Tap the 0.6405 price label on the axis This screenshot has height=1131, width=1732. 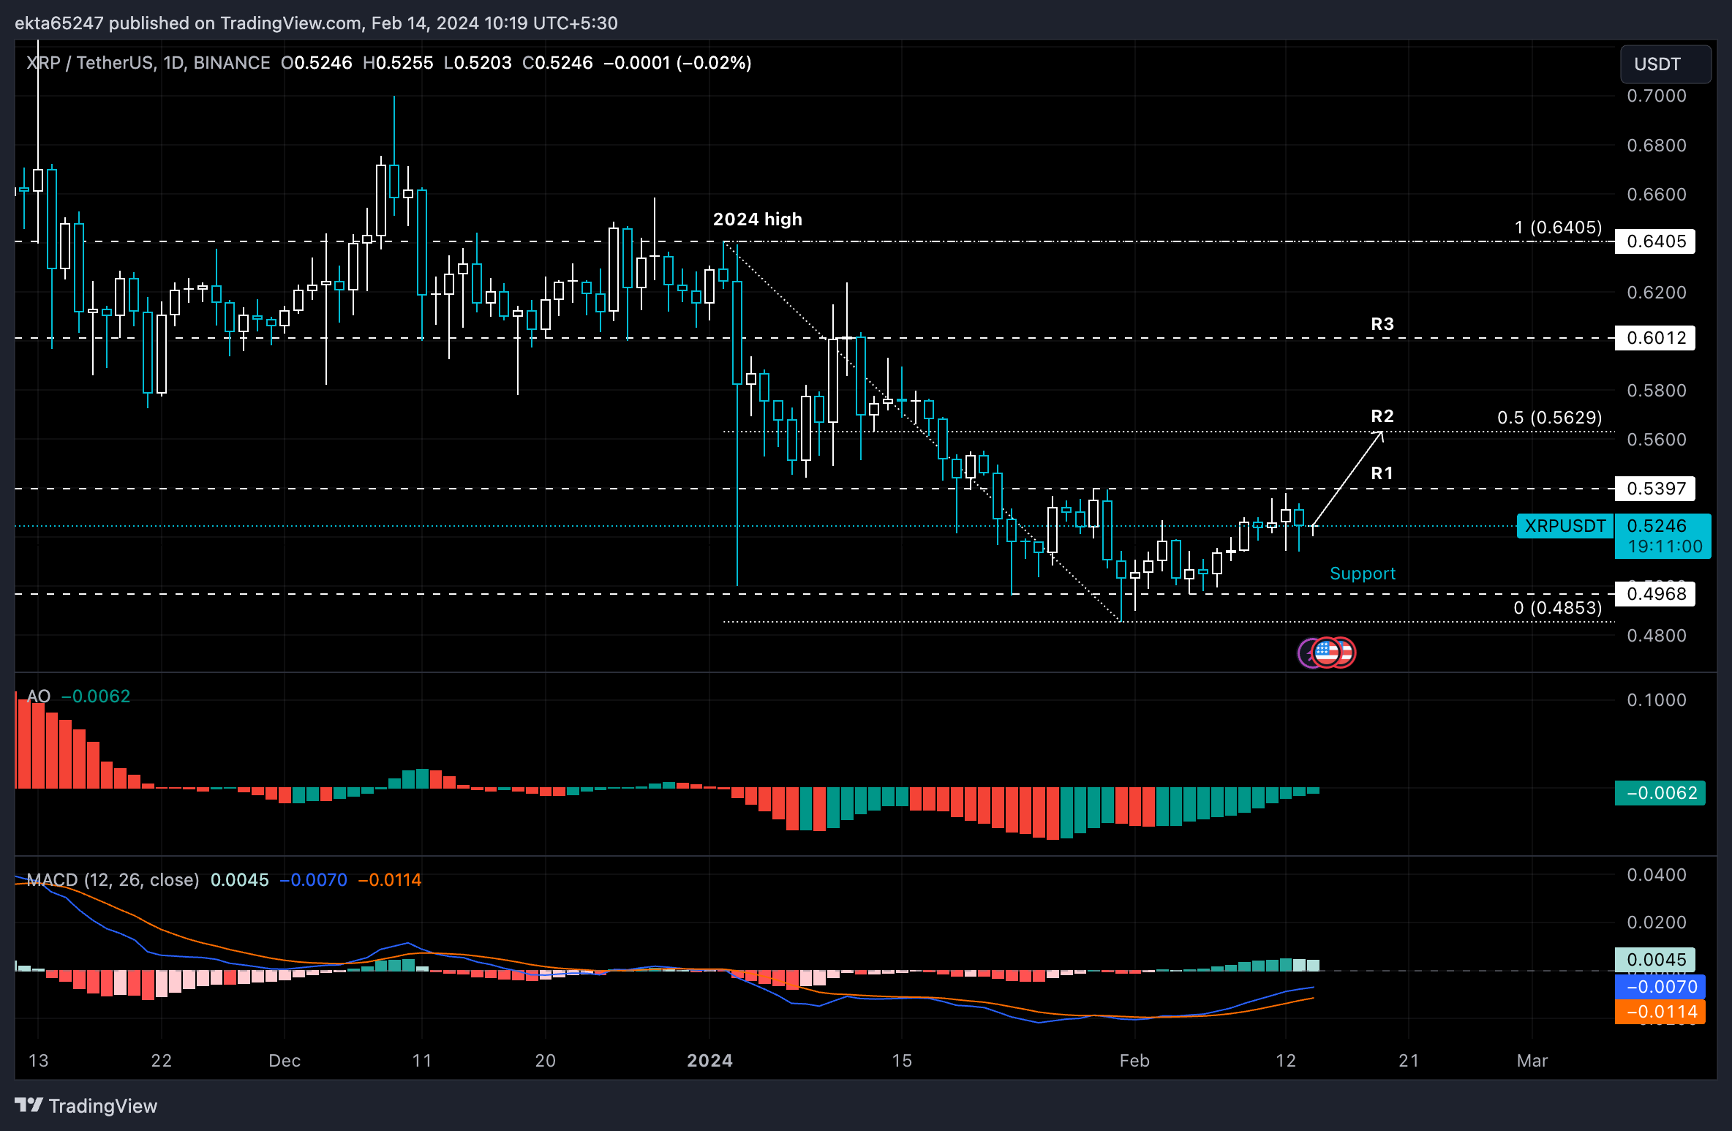coord(1655,241)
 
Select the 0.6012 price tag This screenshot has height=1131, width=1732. coord(1655,338)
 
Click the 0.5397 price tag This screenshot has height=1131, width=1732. coord(1655,489)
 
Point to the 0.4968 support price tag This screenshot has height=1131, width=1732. coord(1655,594)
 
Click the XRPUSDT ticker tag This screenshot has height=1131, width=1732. coord(1565,526)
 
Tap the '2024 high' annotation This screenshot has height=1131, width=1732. coord(757,219)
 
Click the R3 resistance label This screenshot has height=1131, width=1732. coord(1382,324)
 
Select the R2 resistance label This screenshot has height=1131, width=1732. coord(1382,416)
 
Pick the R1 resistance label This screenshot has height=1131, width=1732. coord(1382,473)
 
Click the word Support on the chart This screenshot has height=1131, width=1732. coord(1362,574)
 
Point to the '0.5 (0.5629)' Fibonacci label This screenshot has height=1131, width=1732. coord(1549,418)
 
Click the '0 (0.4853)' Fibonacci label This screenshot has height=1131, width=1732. coord(1557,608)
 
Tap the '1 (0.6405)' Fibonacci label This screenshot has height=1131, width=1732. coord(1558,228)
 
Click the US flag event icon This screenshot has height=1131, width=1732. coord(1328,652)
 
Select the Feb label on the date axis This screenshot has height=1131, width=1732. coord(1134,1061)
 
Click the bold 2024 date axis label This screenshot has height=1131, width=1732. coord(709,1061)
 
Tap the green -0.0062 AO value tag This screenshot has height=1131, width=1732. coord(1660,793)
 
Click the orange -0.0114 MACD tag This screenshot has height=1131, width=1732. coord(1660,1012)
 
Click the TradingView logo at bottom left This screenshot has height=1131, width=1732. coord(86,1106)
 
